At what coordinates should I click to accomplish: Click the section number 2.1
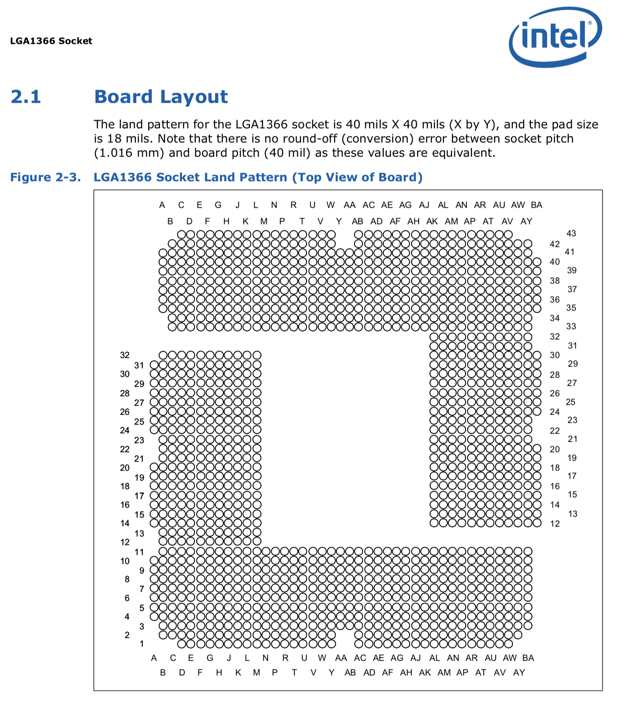[x=26, y=97]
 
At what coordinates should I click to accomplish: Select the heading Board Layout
[x=161, y=97]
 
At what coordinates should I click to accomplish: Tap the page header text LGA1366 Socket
[x=51, y=41]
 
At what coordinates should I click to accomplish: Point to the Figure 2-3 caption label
[x=45, y=177]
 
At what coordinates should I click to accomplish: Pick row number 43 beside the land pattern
[x=571, y=234]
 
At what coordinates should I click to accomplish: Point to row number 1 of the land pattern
[x=142, y=644]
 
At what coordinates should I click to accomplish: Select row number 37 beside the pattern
[x=572, y=289]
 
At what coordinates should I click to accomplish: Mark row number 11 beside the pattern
[x=139, y=552]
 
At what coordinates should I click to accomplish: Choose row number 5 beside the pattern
[x=142, y=608]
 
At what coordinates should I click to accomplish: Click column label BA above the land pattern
[x=536, y=205]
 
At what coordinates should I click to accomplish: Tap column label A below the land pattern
[x=154, y=658]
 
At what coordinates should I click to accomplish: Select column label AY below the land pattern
[x=519, y=673]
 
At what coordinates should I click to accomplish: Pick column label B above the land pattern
[x=170, y=222]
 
